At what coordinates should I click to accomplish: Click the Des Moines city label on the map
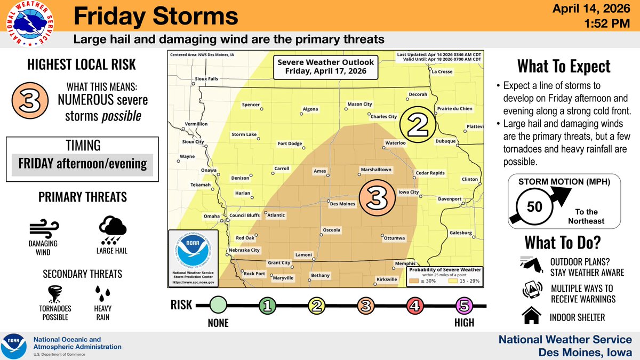[342, 204]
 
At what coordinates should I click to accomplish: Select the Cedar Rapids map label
[429, 173]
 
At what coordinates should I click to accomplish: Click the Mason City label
[359, 104]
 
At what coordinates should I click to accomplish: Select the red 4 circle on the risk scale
[414, 306]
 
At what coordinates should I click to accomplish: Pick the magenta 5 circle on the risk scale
[463, 306]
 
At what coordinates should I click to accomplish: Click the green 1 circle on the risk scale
[267, 306]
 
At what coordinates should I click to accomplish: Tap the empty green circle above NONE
[218, 306]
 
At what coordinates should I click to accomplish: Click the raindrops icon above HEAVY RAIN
[103, 293]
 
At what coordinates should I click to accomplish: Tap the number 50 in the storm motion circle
[534, 206]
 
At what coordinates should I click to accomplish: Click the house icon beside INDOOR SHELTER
[531, 317]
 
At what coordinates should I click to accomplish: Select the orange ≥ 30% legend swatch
[414, 281]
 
